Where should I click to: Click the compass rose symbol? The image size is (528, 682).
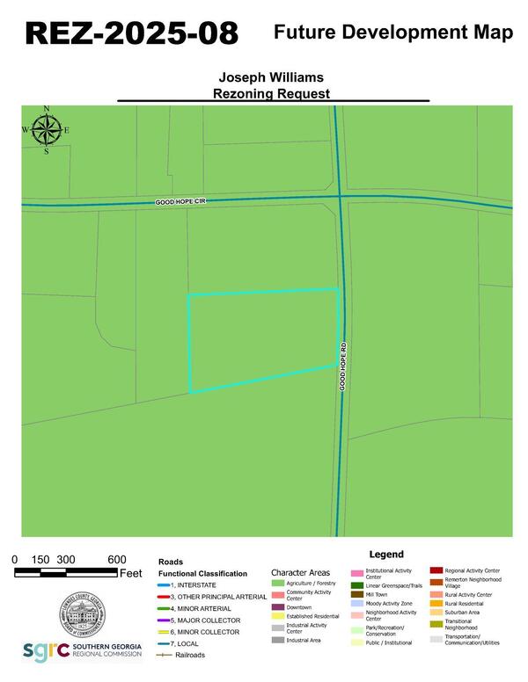point(47,131)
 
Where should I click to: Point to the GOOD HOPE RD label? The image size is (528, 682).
point(344,366)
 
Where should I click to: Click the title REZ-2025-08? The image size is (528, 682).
point(131,33)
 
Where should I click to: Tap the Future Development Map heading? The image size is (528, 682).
point(393,33)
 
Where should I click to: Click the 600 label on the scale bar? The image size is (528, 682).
point(116,560)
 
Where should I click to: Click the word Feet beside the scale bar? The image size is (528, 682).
point(130,573)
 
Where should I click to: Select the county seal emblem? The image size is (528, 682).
point(84,614)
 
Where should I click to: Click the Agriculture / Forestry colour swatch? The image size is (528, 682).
point(278,583)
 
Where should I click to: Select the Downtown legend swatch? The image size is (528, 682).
point(278,607)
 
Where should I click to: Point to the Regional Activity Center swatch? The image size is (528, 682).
point(436,571)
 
